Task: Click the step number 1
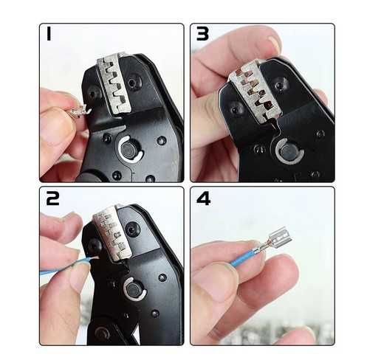[49, 34]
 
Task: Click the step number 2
[53, 198]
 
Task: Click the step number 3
[202, 34]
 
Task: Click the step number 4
[203, 198]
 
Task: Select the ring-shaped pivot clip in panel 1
[130, 149]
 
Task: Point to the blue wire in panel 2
[66, 266]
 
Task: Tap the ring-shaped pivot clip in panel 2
[134, 289]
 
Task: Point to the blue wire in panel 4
[243, 258]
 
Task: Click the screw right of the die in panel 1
[134, 83]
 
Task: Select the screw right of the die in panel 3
[280, 86]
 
